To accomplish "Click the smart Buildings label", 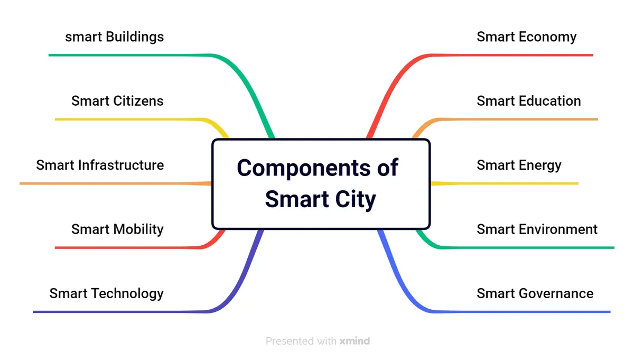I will click(115, 37).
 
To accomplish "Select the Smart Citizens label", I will click(117, 101).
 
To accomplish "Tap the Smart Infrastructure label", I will click(100, 165).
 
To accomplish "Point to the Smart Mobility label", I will click(117, 229).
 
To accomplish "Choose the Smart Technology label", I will click(106, 293).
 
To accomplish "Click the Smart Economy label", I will click(526, 37).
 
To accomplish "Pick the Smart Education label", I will click(528, 101).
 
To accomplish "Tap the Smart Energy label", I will click(519, 165).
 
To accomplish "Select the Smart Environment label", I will click(537, 229).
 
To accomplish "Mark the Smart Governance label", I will click(535, 293).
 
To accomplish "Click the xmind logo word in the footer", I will click(354, 341).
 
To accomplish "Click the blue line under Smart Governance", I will click(528, 312).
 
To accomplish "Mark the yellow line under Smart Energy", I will click(518, 183).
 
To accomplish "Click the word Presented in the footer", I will click(290, 341).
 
